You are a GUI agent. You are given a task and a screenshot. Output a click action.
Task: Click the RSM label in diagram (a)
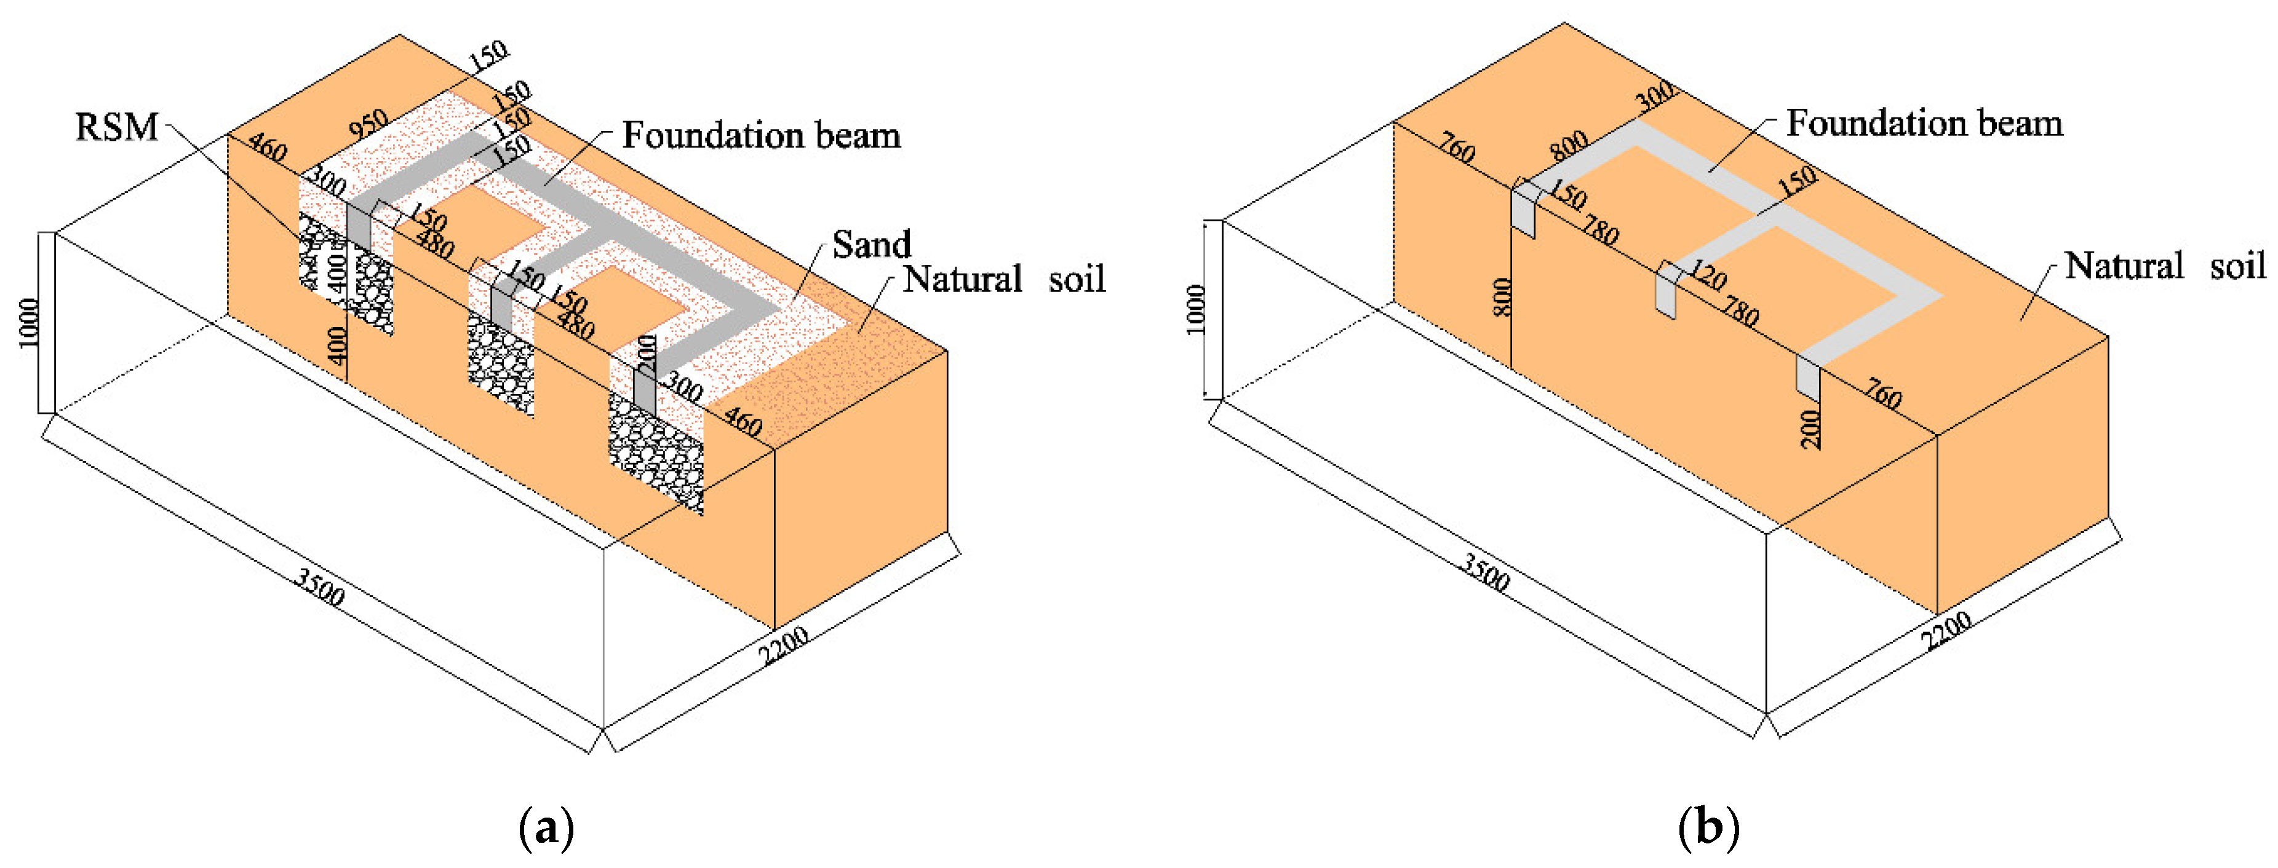point(117,127)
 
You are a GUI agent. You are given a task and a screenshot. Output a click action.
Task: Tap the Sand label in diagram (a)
point(871,245)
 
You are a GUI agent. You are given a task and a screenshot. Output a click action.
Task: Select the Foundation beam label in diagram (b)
point(1924,123)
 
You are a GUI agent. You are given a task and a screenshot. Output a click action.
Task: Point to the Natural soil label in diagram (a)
point(1004,279)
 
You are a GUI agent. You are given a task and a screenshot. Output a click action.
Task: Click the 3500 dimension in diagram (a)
point(319,588)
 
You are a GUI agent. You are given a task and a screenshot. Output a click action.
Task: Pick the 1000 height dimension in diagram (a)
point(29,323)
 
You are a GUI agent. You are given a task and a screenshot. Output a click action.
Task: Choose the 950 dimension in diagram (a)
point(368,124)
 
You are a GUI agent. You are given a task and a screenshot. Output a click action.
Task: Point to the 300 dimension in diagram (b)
point(1654,95)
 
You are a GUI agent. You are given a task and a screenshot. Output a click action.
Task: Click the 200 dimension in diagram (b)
point(1811,428)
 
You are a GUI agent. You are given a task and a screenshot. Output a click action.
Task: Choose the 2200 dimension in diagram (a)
point(784,646)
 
